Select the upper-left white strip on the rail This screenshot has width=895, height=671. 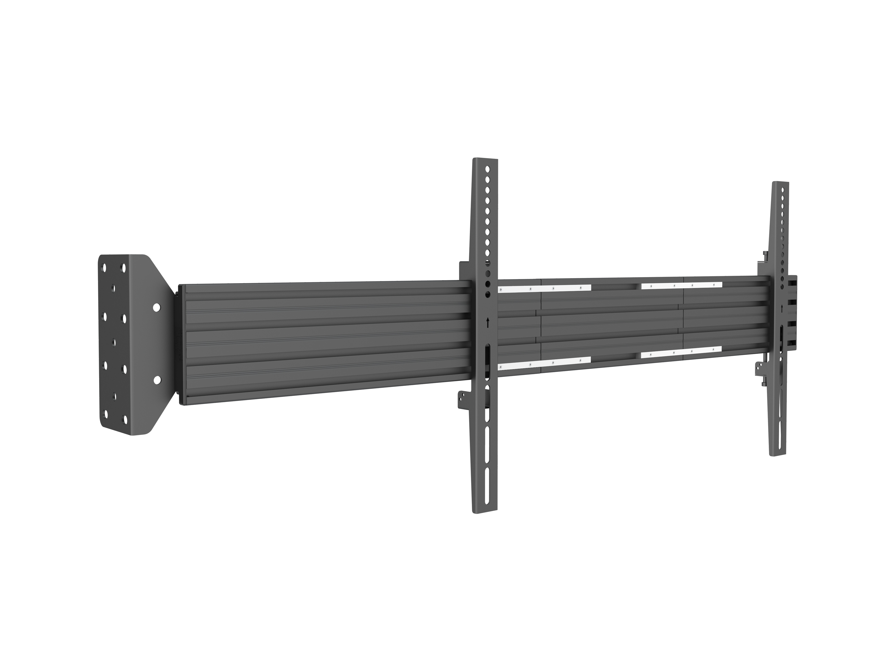point(544,288)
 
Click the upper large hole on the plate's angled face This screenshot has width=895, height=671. point(156,307)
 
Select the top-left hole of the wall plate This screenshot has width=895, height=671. point(105,268)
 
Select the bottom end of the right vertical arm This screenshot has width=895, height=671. point(778,453)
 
